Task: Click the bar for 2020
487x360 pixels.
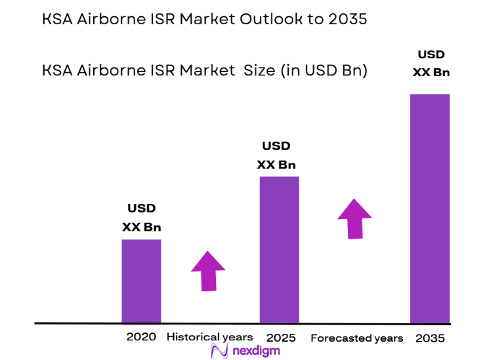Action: point(141,281)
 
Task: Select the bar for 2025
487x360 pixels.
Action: point(279,250)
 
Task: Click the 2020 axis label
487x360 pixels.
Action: point(141,337)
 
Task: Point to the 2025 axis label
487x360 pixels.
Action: point(282,338)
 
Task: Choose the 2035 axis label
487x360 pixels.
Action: point(430,338)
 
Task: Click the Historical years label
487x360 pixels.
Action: point(209,337)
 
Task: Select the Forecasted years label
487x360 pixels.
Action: point(356,338)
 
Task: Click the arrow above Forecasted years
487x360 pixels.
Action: point(354,218)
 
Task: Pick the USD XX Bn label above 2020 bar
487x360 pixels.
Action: point(141,218)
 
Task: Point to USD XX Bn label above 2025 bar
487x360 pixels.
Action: point(276,155)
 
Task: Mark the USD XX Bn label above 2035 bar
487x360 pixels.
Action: point(431,63)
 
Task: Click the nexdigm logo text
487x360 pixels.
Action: point(256,351)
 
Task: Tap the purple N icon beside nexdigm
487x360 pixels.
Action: point(219,351)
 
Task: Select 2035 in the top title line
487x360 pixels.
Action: point(347,20)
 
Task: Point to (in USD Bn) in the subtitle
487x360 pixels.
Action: point(324,70)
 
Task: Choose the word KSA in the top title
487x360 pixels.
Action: point(57,20)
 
